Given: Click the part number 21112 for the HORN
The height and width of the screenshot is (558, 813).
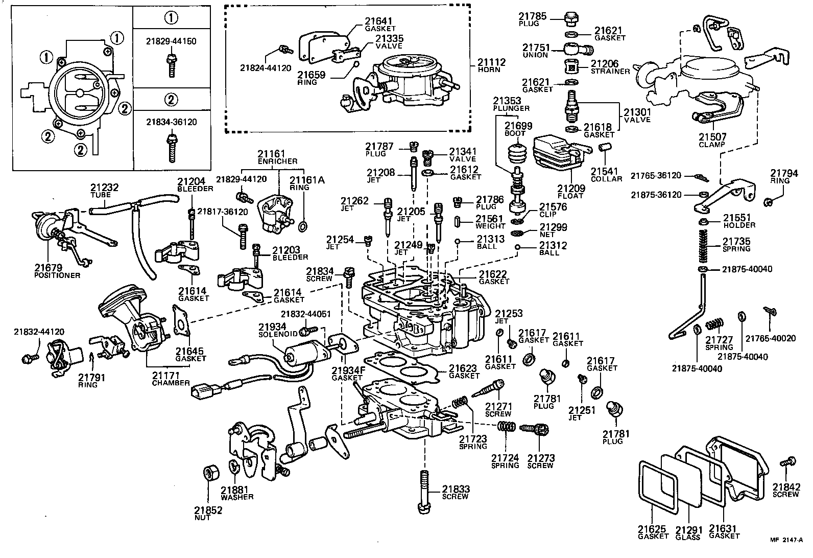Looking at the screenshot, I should coord(491,62).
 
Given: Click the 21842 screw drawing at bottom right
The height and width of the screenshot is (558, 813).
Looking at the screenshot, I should coord(785,463).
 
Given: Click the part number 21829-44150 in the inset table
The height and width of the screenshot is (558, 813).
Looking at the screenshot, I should coord(171,41).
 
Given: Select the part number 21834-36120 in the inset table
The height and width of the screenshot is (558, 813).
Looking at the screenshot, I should coord(171,122).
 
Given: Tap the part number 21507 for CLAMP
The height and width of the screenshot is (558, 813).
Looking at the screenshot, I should coord(712,137).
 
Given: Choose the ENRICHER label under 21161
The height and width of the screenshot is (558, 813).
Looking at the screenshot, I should coord(278,161).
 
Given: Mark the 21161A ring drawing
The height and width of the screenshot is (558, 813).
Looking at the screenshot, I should coord(302,225).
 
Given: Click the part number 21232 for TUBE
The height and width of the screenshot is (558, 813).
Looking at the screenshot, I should coord(104,188).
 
